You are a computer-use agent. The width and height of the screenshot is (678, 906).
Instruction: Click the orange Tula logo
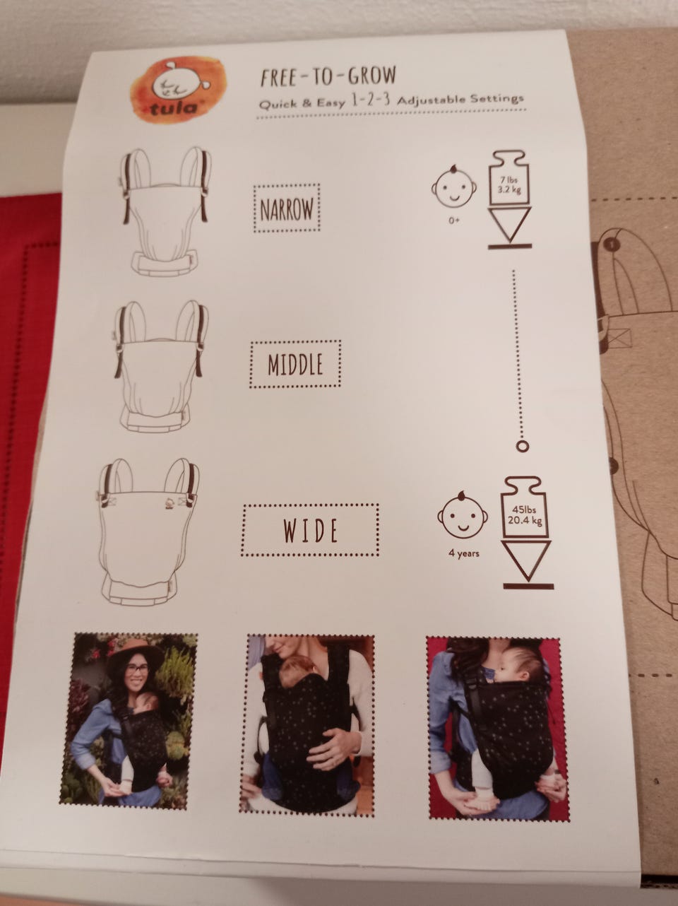pos(177,90)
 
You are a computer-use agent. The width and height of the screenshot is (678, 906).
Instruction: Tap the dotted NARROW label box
pos(287,208)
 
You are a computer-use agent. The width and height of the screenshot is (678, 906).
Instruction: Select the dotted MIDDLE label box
pos(295,364)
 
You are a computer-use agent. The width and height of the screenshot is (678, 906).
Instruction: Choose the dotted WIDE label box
pos(310,530)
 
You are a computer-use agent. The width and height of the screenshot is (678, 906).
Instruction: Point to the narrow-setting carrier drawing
pos(165,211)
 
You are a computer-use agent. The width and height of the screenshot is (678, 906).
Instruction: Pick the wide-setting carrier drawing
pos(148,531)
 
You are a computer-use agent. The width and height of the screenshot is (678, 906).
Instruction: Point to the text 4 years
pos(464,553)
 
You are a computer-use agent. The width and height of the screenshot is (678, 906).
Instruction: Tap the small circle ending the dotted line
pos(523,446)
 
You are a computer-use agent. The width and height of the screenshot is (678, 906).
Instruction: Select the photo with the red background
pos(497,727)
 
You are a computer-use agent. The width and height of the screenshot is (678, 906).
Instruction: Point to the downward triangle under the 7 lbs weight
pos(510,224)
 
